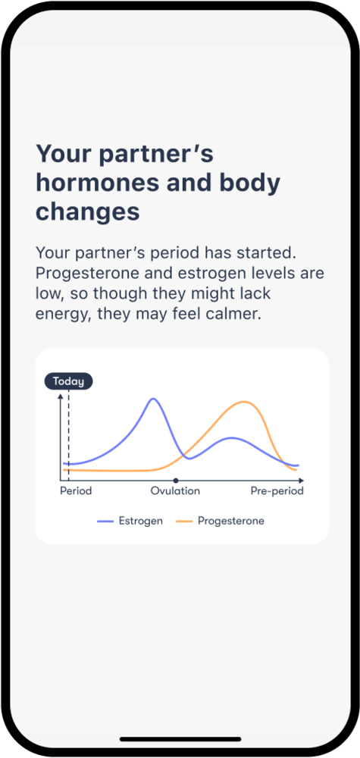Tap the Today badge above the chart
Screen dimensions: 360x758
[x=68, y=381]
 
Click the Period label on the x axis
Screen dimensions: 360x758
[x=76, y=491]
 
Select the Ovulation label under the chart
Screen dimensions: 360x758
[x=175, y=491]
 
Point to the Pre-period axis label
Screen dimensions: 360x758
[x=277, y=491]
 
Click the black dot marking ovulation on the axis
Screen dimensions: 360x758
[x=175, y=481]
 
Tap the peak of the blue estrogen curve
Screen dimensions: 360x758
[x=153, y=399]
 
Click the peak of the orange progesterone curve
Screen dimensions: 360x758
[x=245, y=402]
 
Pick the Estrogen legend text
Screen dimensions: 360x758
[x=141, y=522]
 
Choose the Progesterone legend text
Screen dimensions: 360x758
[x=231, y=522]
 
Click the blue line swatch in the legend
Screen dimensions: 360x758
[x=105, y=522]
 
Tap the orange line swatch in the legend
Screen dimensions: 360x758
[x=184, y=522]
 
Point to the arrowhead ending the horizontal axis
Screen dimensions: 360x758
[x=301, y=481]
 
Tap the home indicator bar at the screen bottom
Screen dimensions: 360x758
[x=180, y=739]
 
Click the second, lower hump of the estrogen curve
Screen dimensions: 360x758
[x=231, y=438]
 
